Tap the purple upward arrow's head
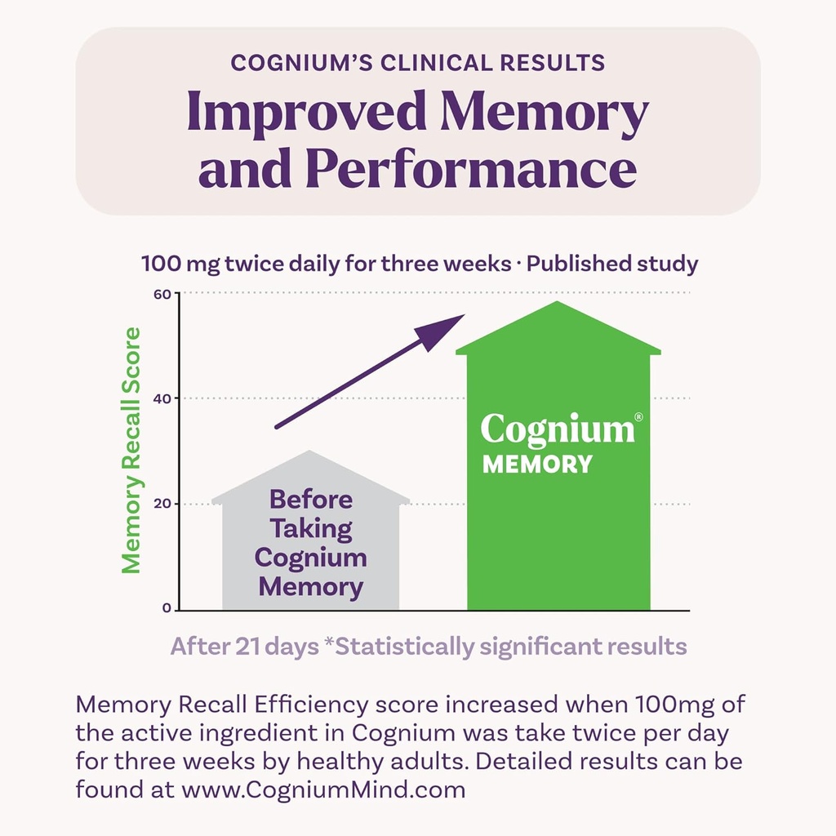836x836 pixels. (x=441, y=330)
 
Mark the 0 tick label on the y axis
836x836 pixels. (x=167, y=608)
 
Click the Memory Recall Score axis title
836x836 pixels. (x=131, y=450)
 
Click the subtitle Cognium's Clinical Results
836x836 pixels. (x=418, y=64)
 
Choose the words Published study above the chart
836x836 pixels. (x=613, y=264)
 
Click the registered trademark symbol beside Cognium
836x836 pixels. (x=638, y=416)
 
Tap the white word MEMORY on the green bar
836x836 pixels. (x=537, y=465)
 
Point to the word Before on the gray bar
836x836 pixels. (x=311, y=499)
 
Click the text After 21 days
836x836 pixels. (x=244, y=647)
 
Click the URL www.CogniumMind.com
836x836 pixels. (x=323, y=790)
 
